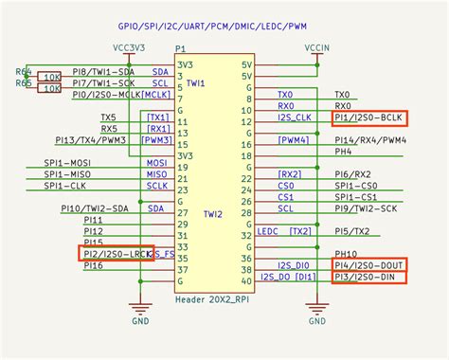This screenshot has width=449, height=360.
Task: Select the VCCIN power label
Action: click(x=316, y=46)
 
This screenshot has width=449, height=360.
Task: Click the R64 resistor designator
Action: click(x=23, y=71)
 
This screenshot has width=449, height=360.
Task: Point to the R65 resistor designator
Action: click(x=23, y=83)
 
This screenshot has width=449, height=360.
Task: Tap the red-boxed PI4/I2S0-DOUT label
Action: click(x=369, y=266)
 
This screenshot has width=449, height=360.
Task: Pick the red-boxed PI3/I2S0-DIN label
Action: click(x=368, y=279)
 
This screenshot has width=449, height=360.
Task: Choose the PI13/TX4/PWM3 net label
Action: click(x=92, y=139)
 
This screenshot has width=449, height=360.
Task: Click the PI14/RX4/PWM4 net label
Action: click(x=370, y=139)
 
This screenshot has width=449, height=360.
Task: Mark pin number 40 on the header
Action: click(x=246, y=280)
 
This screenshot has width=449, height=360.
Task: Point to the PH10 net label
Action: click(x=346, y=254)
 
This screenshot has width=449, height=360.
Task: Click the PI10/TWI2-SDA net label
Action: click(x=93, y=208)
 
